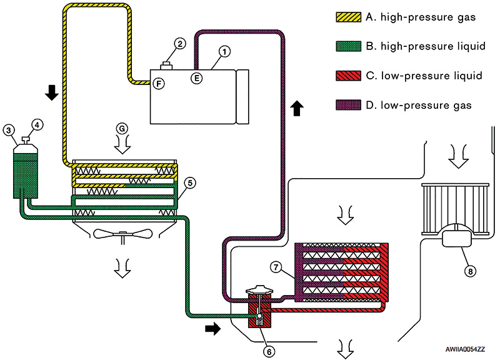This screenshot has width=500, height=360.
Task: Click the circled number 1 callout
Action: (224, 51)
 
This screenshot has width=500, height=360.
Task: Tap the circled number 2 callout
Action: (180, 43)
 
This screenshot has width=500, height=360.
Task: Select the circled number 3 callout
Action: (9, 130)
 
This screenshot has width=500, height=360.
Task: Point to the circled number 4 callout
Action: (37, 126)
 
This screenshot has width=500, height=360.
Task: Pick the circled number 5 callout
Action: (190, 183)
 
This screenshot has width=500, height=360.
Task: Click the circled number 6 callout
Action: (269, 351)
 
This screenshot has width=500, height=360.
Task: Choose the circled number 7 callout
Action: (276, 267)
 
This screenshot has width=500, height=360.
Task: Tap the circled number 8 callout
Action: (470, 271)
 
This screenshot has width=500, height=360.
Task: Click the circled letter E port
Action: (197, 78)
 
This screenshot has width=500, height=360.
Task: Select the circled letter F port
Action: (159, 84)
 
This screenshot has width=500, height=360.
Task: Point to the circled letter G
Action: (122, 129)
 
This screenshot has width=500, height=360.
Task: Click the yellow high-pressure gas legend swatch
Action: (349, 17)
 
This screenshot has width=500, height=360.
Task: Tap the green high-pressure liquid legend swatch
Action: (349, 46)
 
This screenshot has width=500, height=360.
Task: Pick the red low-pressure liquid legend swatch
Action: (349, 76)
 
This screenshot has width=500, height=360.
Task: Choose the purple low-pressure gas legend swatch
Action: (349, 105)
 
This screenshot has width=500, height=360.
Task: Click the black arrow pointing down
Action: (52, 92)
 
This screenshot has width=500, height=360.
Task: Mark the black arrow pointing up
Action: (297, 108)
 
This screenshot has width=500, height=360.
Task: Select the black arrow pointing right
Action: (212, 328)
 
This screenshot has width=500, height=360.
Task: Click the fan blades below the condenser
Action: (122, 234)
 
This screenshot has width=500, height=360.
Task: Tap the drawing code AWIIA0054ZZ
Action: (465, 349)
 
